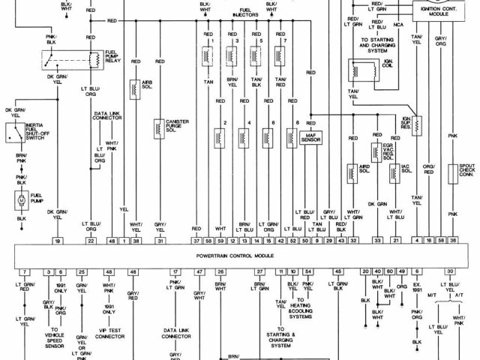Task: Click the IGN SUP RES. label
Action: click(x=430, y=122)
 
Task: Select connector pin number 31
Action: click(x=160, y=241)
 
